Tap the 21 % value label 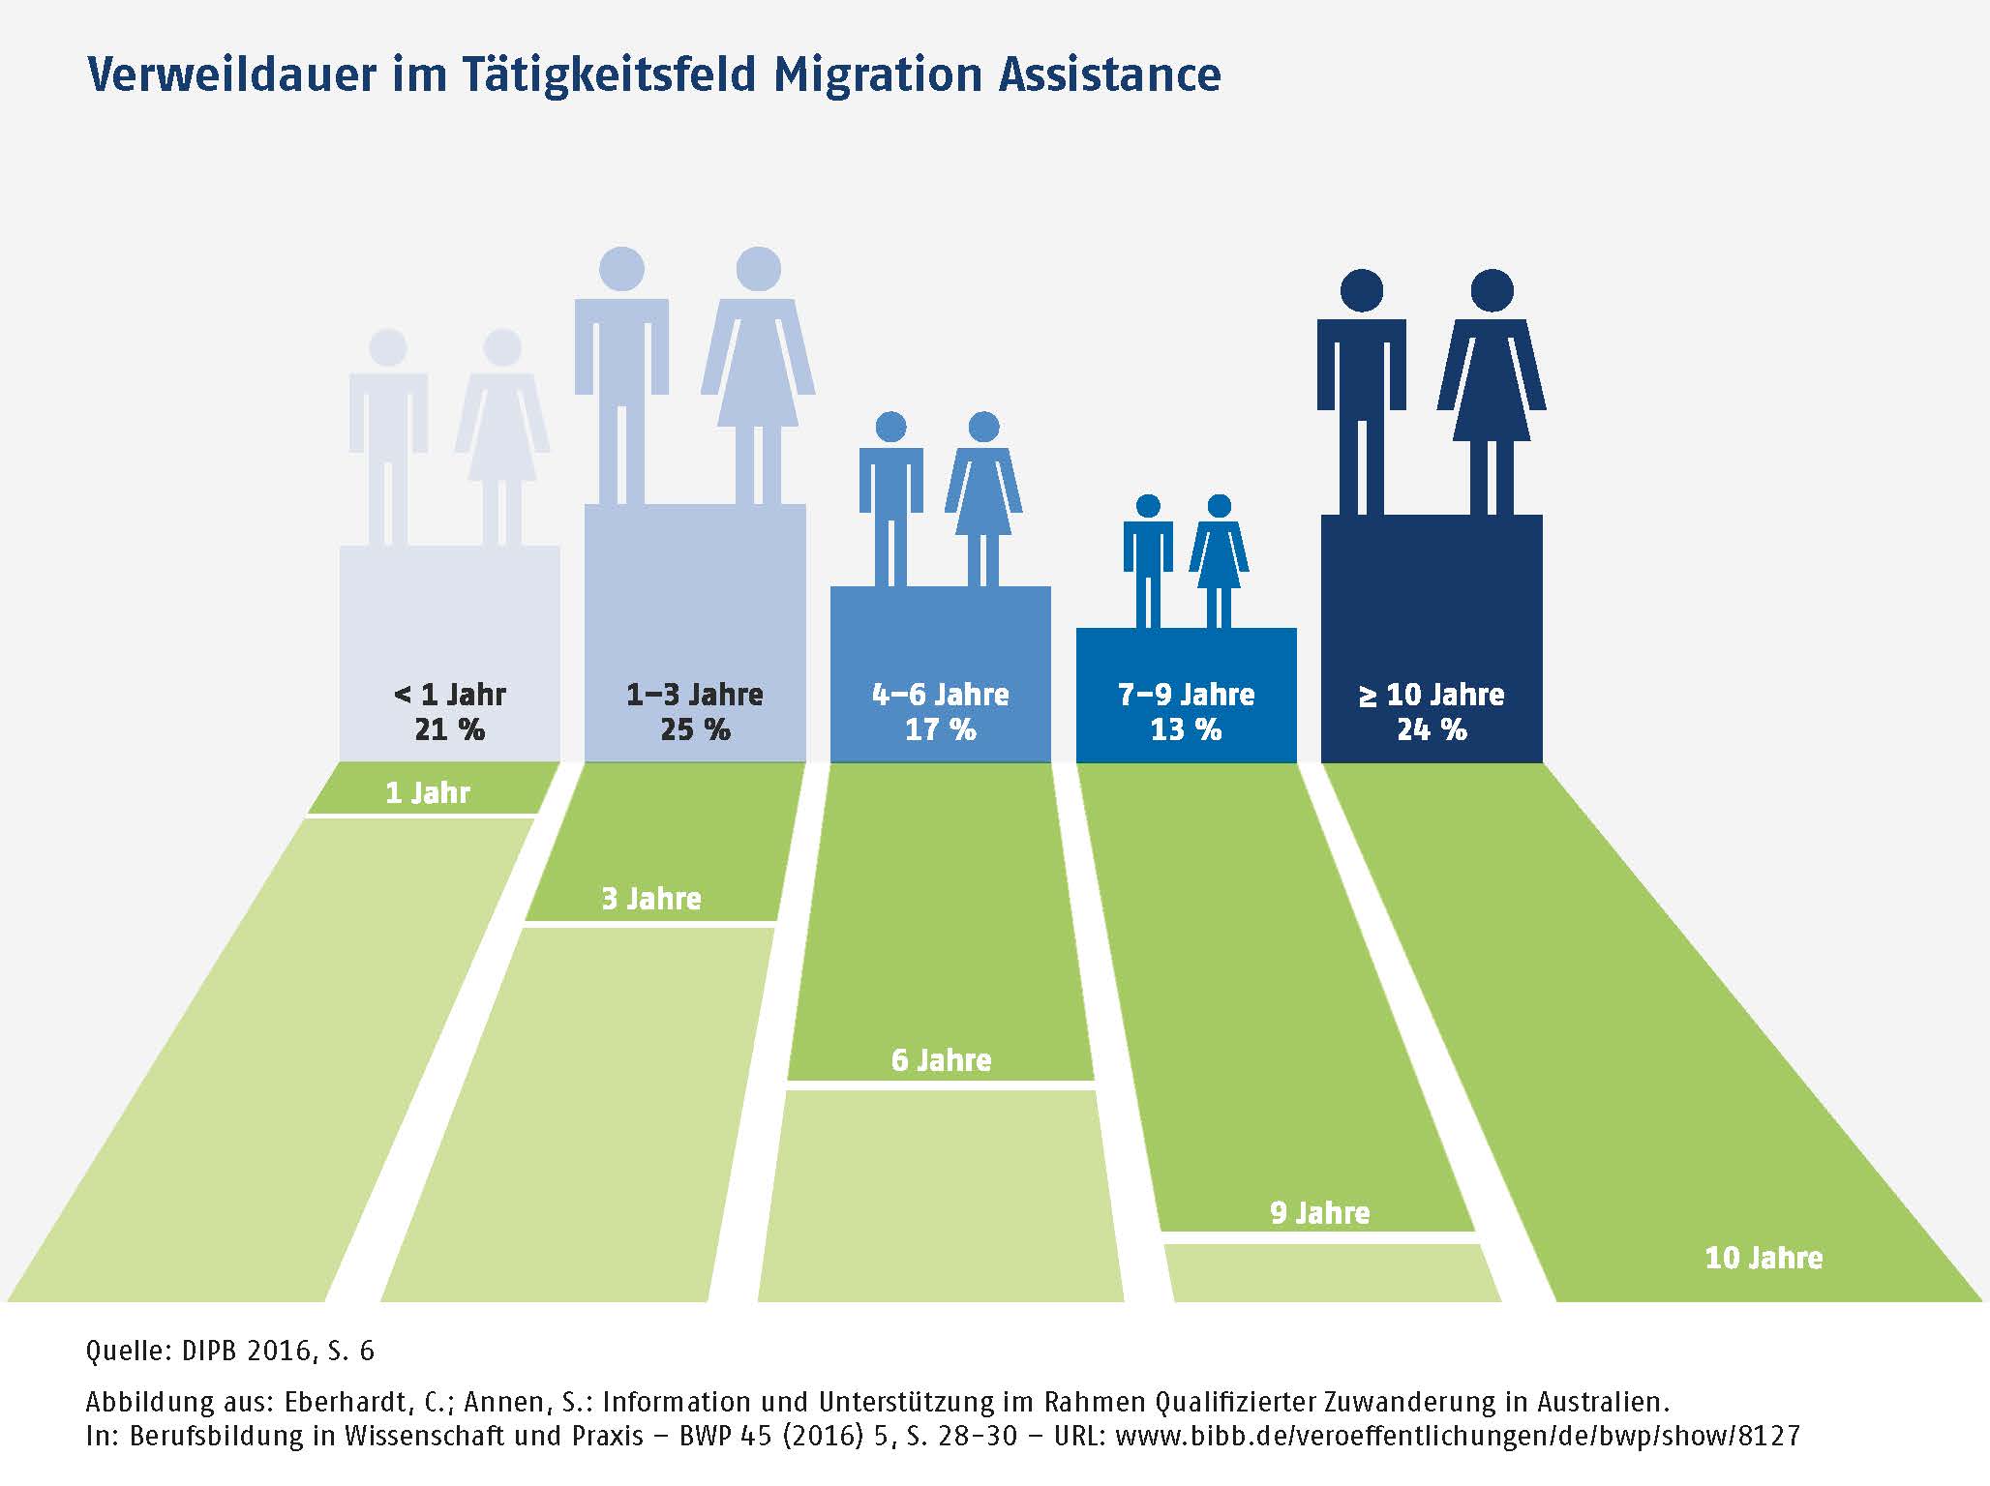449,729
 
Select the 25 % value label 695,729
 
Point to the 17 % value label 940,729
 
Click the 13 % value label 1186,729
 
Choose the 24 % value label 1432,729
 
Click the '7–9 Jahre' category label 1186,695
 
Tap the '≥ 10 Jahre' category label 1432,695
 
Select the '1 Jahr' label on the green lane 428,793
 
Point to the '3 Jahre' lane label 651,899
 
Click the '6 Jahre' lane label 941,1060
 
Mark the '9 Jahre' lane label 1319,1213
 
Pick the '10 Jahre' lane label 1764,1258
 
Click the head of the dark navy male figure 1362,289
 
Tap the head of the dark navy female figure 1492,289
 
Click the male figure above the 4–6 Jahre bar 890,498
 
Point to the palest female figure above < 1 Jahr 502,435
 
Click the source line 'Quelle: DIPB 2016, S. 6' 230,1351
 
